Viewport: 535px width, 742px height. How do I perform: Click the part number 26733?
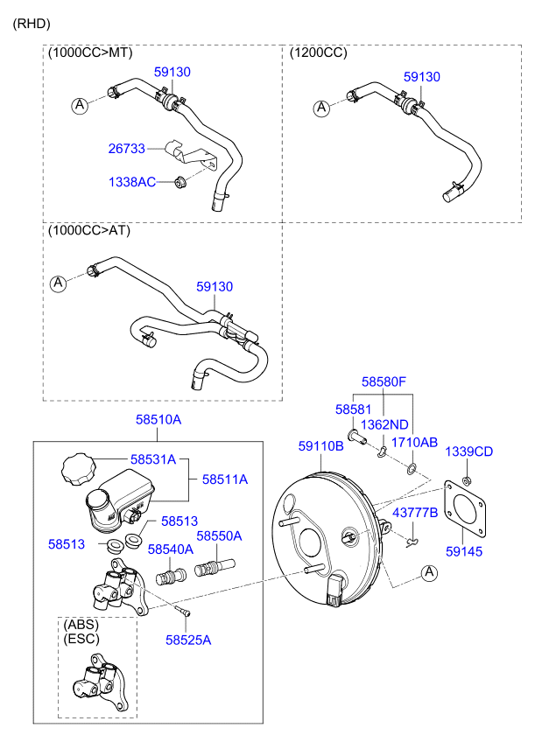(126, 149)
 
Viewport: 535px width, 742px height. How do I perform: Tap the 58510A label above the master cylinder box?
(158, 420)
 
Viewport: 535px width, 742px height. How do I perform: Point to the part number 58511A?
(225, 479)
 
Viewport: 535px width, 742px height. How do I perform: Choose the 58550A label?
(219, 535)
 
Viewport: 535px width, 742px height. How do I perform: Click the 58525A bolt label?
(188, 640)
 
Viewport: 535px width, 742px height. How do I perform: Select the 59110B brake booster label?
(320, 446)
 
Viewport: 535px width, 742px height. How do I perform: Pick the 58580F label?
(385, 381)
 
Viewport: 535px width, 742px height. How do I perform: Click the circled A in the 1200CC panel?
(321, 108)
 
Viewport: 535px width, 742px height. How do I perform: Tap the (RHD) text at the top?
(32, 24)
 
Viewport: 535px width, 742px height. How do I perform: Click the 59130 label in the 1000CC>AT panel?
(215, 286)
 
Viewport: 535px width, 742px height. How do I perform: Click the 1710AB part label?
(414, 443)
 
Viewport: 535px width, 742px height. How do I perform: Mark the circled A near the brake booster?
(429, 573)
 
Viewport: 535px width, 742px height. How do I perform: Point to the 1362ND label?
(384, 424)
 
